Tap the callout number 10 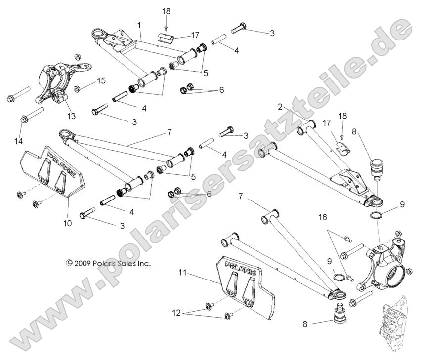click(x=67, y=223)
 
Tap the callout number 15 click(x=101, y=80)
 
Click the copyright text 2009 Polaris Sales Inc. click(x=108, y=263)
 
